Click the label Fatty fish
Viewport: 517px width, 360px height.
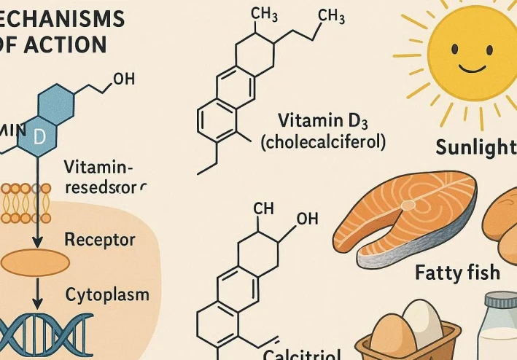[x=457, y=273]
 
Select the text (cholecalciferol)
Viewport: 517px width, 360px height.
[x=322, y=141]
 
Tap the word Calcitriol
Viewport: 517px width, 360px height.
[x=302, y=354]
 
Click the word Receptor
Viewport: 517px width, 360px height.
[x=99, y=239]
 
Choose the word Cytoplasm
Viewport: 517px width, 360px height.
[x=107, y=294]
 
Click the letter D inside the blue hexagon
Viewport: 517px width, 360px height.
[x=39, y=136]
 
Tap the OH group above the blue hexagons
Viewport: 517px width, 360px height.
[x=124, y=79]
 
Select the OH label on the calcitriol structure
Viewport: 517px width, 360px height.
[x=307, y=219]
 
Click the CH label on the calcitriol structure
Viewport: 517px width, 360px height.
[x=263, y=209]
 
